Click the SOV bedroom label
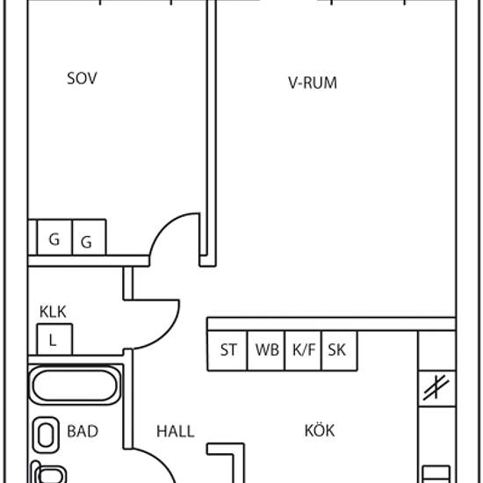coord(82,78)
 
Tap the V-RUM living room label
coord(313,83)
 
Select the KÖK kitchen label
coord(320,429)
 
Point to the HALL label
coord(176,431)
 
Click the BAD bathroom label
coord(83,431)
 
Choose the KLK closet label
coord(53,312)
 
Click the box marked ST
coord(227,350)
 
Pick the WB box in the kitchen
coord(266,350)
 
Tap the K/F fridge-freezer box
coord(303,350)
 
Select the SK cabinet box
coord(339,350)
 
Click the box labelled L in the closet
coord(54,340)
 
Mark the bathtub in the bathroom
coord(75,386)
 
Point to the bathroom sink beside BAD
coord(46,435)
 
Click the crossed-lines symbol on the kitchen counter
coord(436,387)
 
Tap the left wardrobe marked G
coord(54,237)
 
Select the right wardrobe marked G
coord(89,237)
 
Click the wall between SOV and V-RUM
coord(212,133)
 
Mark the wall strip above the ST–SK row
coord(331,324)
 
